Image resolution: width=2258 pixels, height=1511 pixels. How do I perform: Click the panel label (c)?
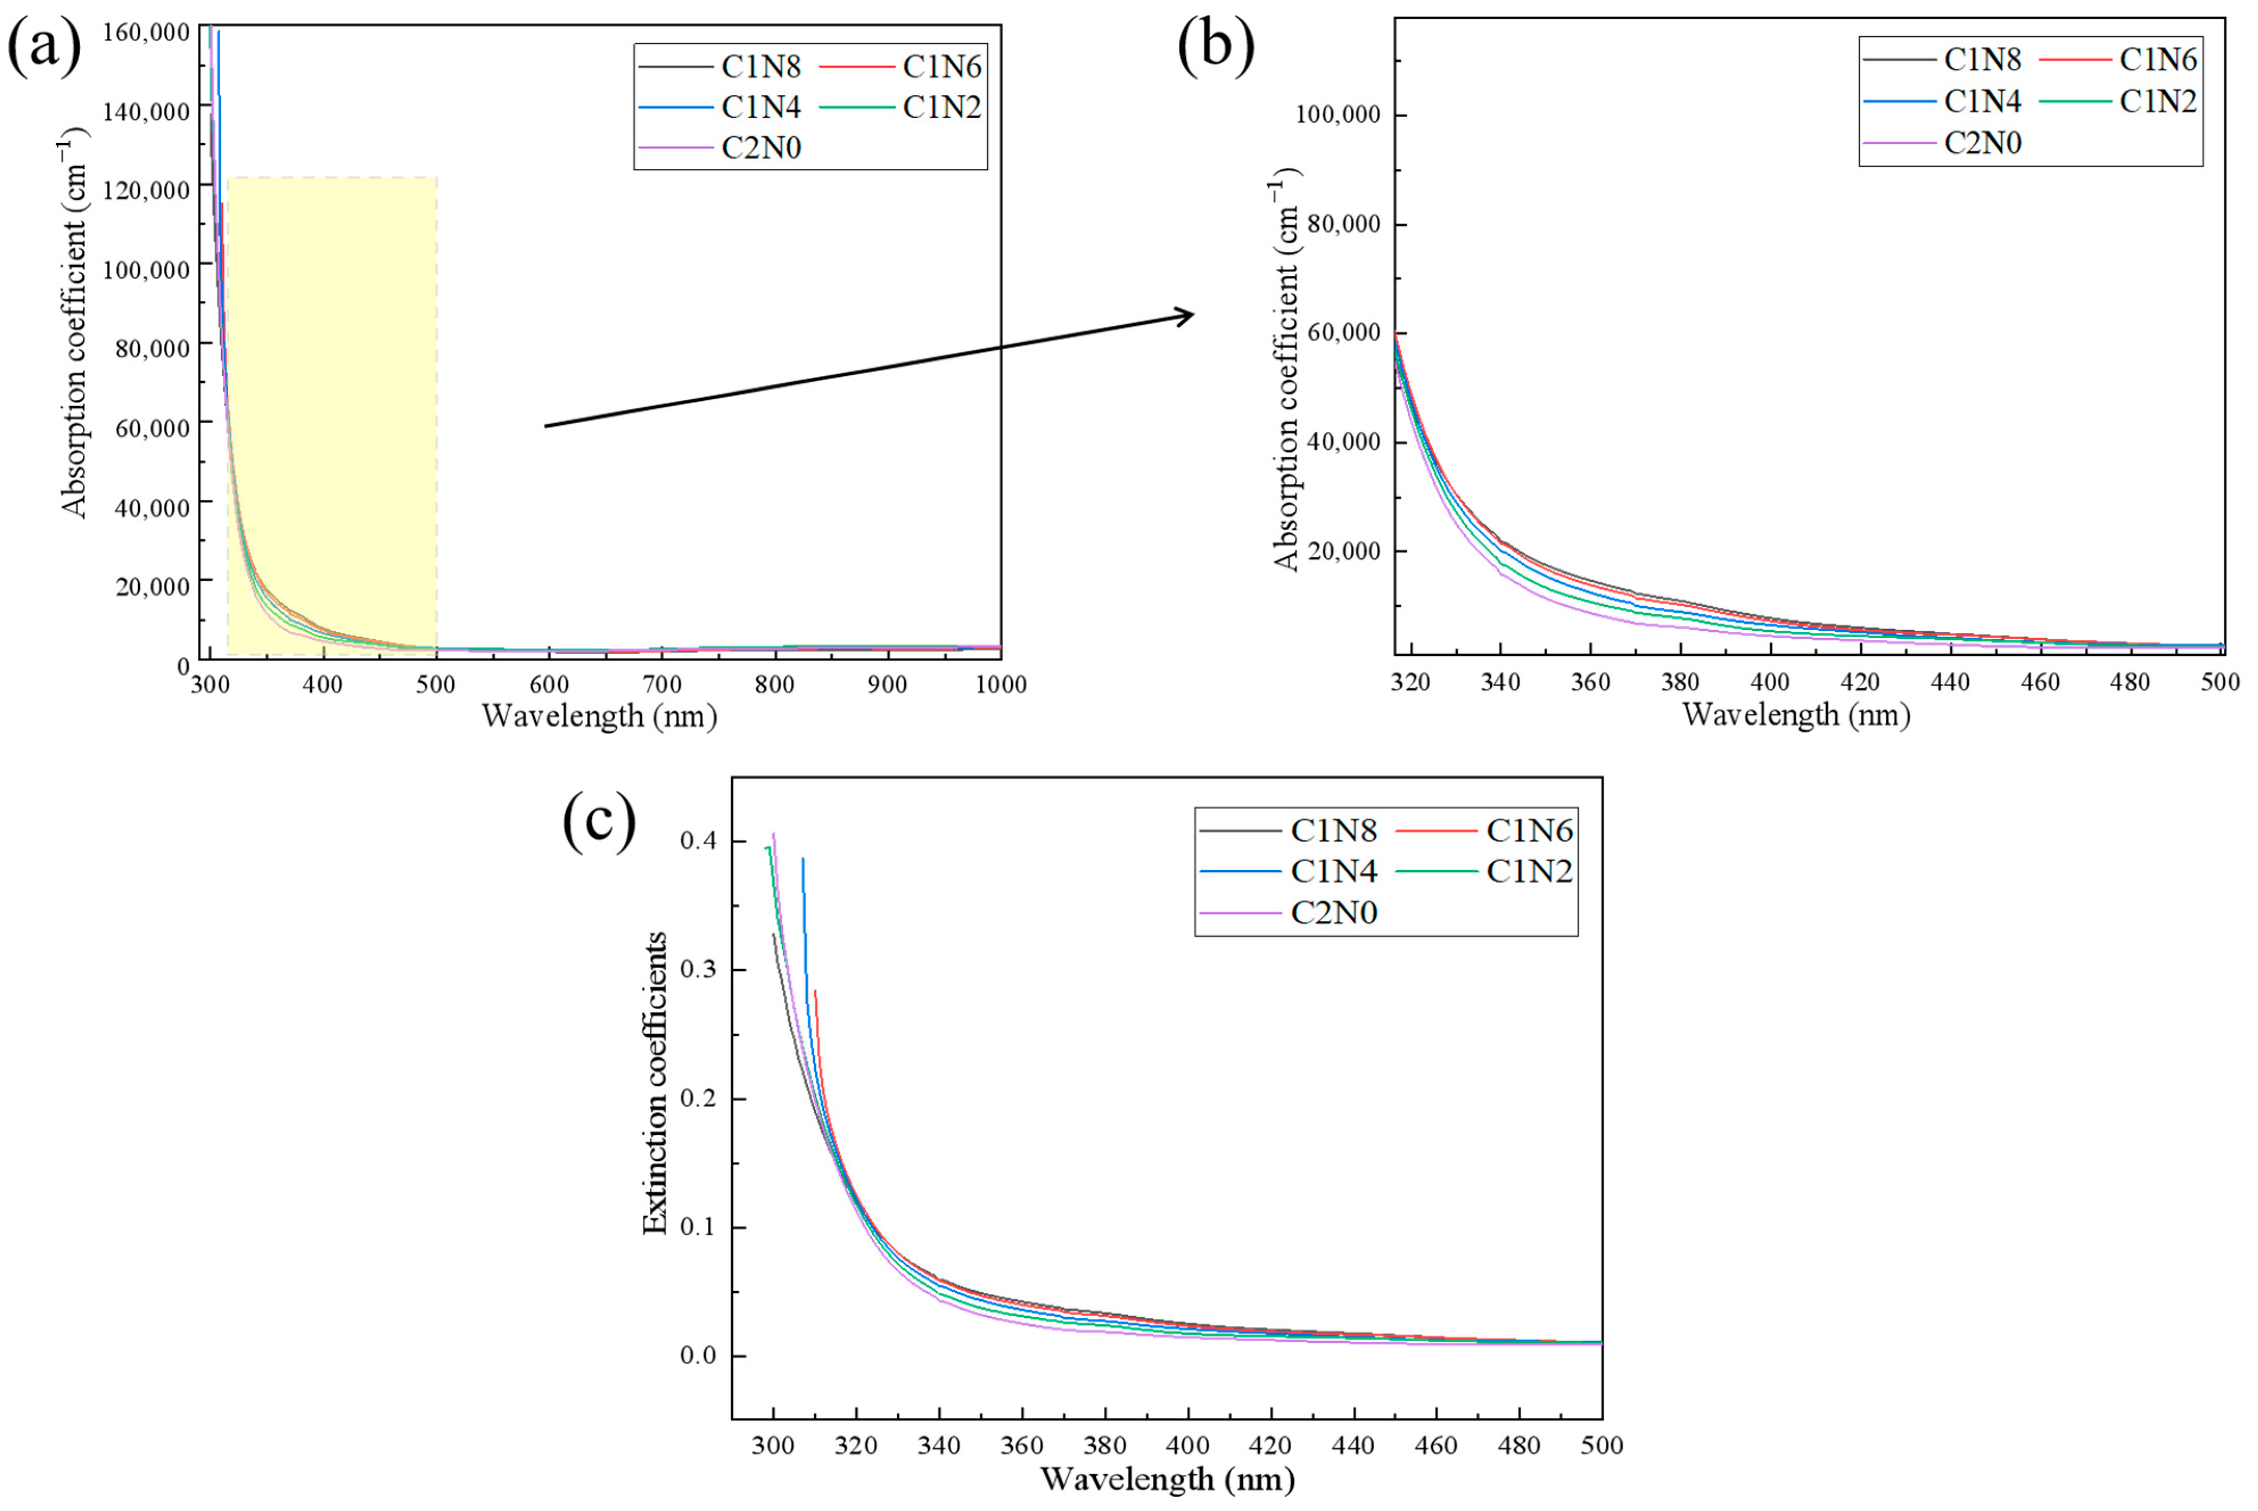pyautogui.click(x=599, y=822)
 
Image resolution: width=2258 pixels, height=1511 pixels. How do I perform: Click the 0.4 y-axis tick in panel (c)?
pyautogui.click(x=699, y=841)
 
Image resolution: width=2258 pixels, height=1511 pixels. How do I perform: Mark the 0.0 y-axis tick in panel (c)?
pyautogui.click(x=699, y=1356)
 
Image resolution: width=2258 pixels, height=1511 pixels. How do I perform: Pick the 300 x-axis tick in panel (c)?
pyautogui.click(x=773, y=1445)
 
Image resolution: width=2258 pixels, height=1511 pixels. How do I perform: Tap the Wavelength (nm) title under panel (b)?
pyautogui.click(x=1796, y=715)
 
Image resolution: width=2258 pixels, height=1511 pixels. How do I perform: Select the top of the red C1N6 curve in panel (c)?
pyautogui.click(x=815, y=990)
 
